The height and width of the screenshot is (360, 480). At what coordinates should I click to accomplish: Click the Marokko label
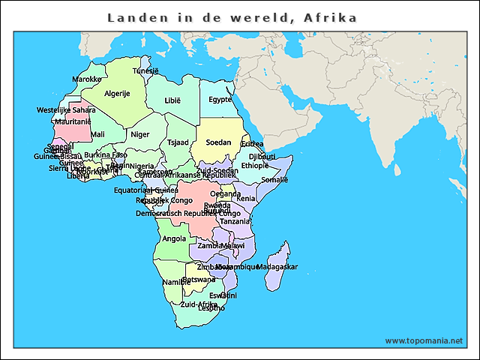[87, 79]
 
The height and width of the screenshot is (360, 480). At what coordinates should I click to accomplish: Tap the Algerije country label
[117, 94]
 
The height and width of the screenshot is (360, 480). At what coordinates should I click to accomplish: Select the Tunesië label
[145, 70]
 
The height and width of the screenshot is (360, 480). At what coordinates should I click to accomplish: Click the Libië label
[173, 100]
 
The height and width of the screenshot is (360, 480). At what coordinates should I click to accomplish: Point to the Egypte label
[220, 99]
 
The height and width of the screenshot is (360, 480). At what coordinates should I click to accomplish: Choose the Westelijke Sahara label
[66, 110]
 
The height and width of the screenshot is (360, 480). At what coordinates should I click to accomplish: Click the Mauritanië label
[73, 121]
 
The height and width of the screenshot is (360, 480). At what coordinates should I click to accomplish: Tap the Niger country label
[140, 135]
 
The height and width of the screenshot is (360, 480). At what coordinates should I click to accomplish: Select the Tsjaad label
[178, 142]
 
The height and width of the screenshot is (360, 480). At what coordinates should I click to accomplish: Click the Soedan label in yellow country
[218, 142]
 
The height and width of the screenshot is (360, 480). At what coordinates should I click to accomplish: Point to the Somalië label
[274, 180]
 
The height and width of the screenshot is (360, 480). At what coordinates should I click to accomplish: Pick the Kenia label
[246, 199]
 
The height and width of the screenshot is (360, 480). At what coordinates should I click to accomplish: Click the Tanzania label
[235, 221]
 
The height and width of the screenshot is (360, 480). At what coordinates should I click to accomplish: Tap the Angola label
[174, 239]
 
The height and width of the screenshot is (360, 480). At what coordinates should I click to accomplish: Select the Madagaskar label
[277, 267]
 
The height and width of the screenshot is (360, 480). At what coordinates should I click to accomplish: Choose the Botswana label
[199, 280]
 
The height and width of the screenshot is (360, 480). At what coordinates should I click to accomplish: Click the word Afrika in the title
[331, 16]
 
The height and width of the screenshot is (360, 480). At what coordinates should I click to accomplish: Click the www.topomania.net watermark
[424, 340]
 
